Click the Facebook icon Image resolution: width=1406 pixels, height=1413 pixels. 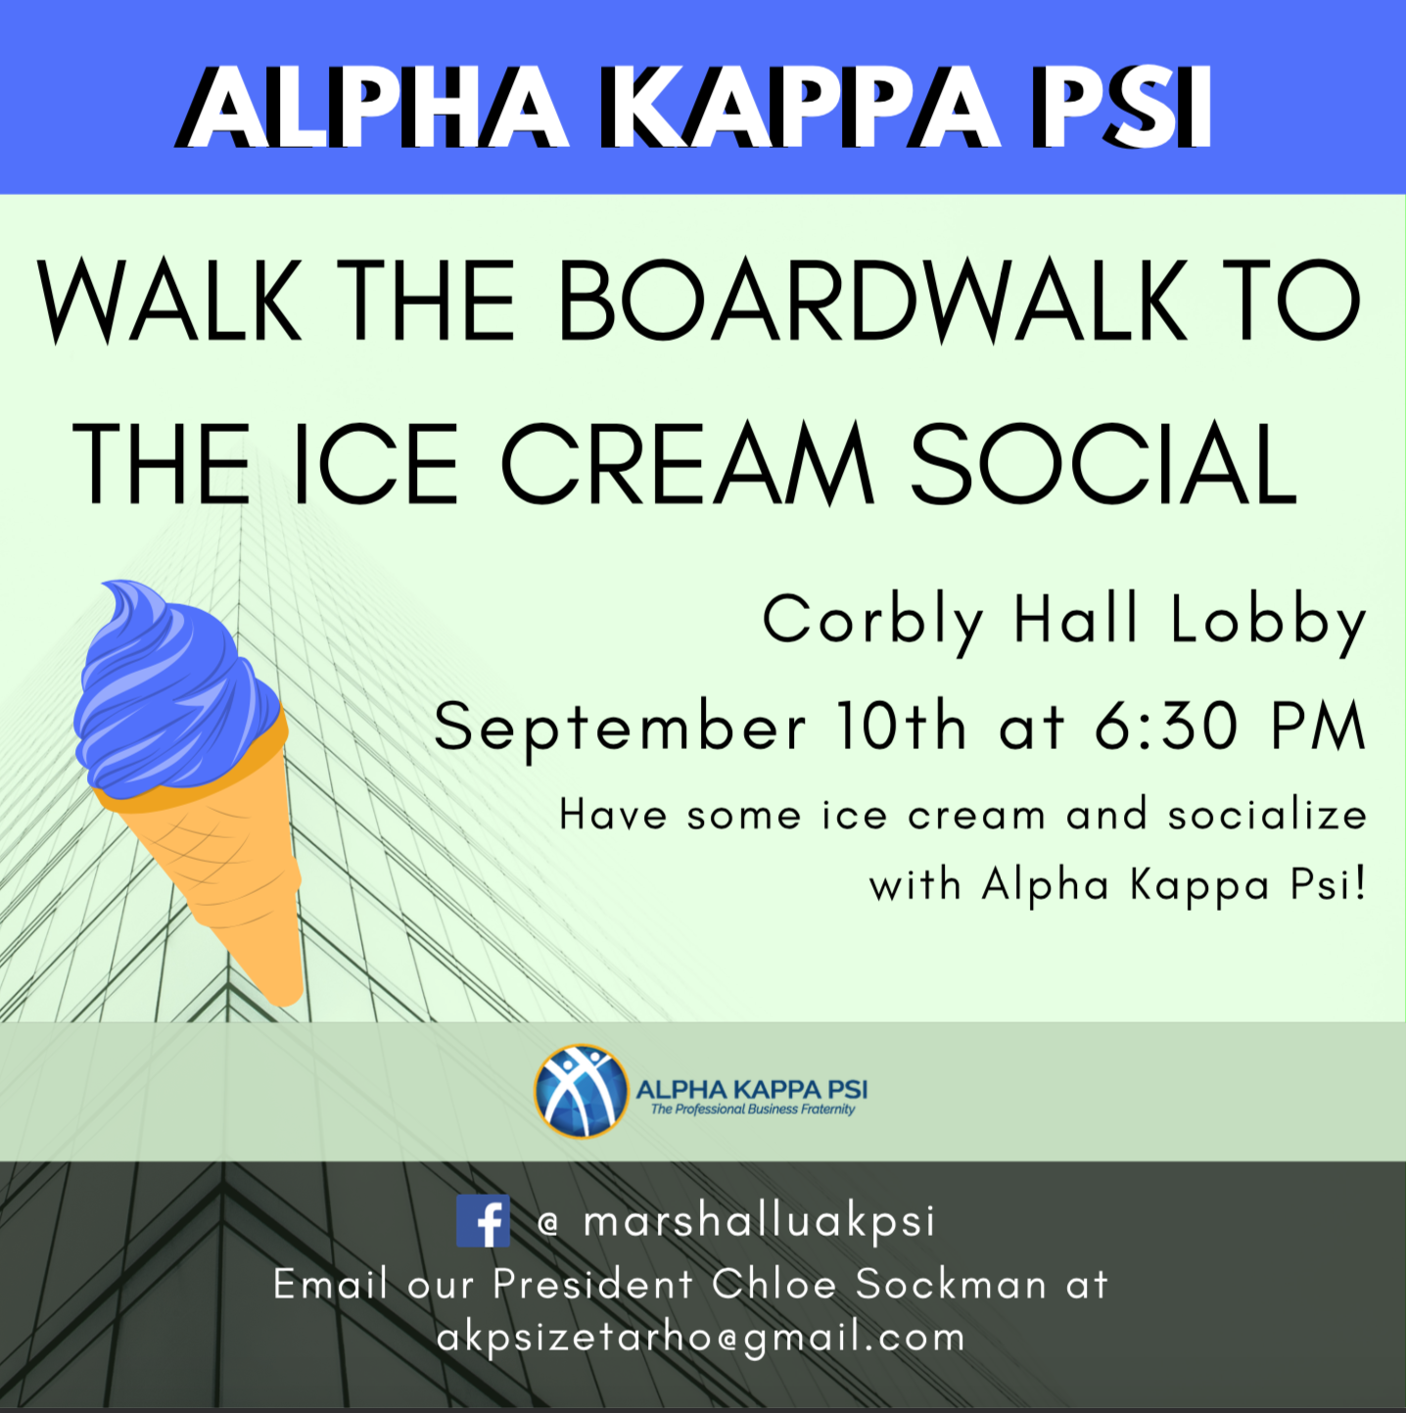pyautogui.click(x=483, y=1221)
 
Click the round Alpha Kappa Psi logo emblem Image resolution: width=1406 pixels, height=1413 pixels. pyautogui.click(x=582, y=1091)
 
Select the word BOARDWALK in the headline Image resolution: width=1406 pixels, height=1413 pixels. pyautogui.click(x=872, y=300)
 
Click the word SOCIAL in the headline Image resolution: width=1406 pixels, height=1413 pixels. pyautogui.click(x=1103, y=463)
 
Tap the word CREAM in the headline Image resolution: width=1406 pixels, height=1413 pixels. pyautogui.click(x=687, y=463)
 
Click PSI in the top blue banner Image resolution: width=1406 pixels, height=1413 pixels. pyautogui.click(x=1121, y=110)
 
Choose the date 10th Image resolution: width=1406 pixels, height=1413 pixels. pyautogui.click(x=901, y=726)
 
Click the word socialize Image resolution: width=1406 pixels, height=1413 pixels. pyautogui.click(x=1267, y=815)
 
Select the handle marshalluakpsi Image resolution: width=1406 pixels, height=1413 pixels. pyautogui.click(x=759, y=1223)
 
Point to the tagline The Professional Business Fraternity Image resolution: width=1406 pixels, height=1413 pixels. pyautogui.click(x=753, y=1109)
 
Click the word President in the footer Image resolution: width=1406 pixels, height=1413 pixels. pyautogui.click(x=592, y=1284)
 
